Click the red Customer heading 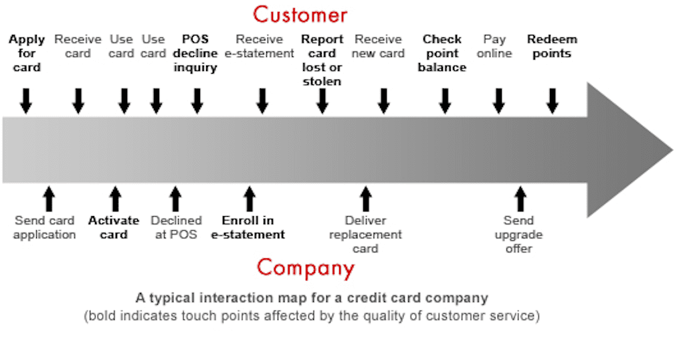300,15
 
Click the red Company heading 305,268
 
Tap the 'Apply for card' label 27,54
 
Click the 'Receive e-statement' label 264,46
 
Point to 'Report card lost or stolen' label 322,60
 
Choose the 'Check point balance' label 442,54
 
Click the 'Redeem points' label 552,46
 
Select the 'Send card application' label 45,228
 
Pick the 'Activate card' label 114,228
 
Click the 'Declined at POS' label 176,228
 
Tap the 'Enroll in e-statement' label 248,228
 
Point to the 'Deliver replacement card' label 365,234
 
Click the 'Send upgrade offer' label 519,234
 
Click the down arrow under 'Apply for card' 26,101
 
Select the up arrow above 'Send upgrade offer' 520,199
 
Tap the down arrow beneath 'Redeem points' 552,101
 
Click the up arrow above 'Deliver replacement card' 365,199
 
